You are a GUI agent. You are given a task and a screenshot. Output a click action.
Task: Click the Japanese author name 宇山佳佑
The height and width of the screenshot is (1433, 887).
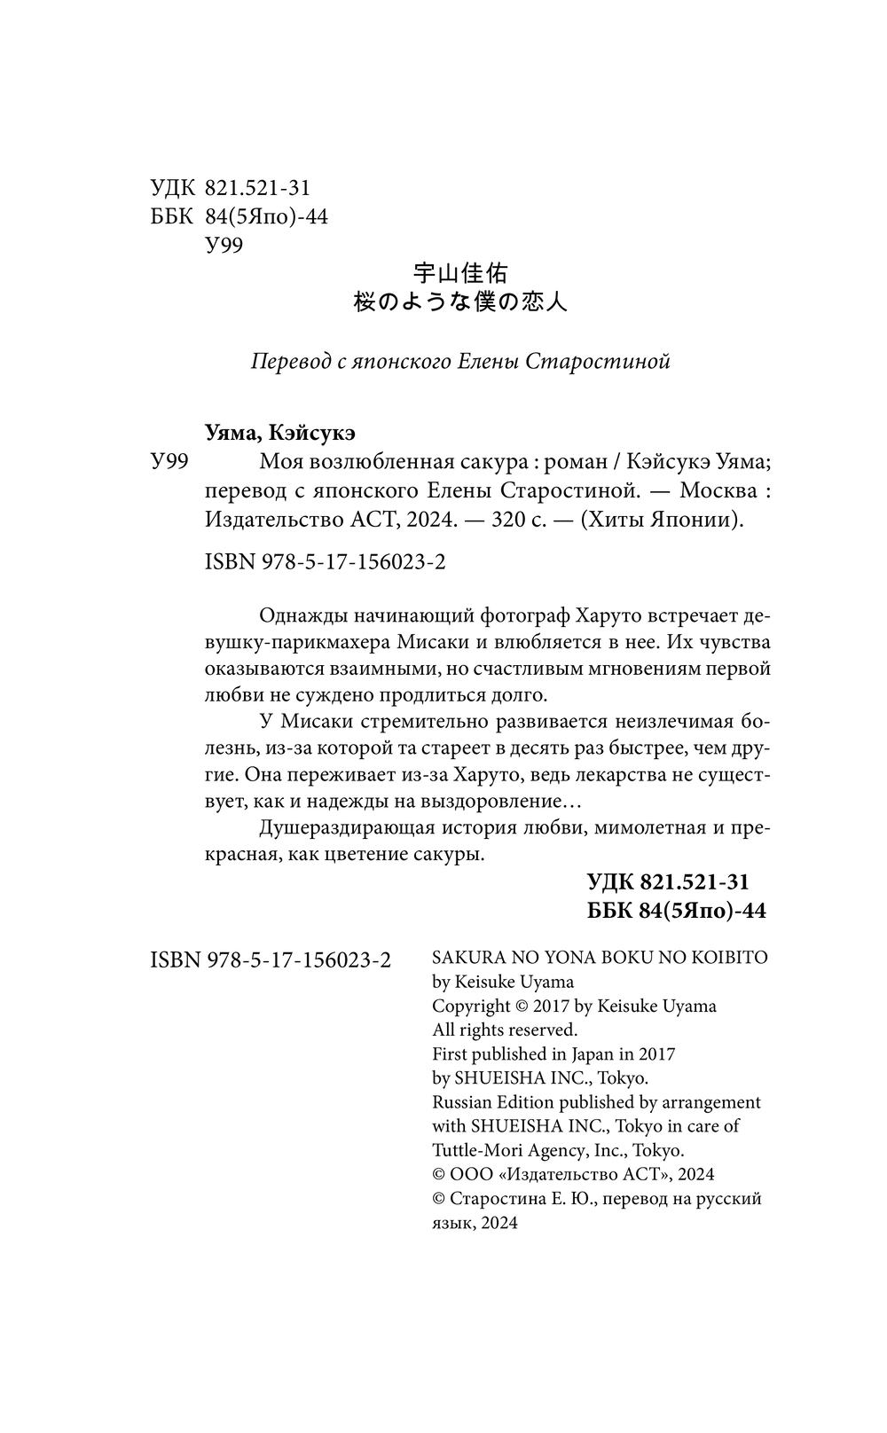click(x=461, y=273)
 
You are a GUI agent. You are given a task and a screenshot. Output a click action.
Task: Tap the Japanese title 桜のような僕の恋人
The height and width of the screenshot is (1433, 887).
click(x=460, y=301)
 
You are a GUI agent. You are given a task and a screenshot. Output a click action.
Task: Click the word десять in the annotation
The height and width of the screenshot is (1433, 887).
click(x=585, y=748)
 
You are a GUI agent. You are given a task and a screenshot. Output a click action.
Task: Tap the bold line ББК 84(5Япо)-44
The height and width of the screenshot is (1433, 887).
click(x=677, y=910)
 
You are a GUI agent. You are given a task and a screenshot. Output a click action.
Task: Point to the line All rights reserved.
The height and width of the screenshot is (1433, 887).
click(x=505, y=1030)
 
